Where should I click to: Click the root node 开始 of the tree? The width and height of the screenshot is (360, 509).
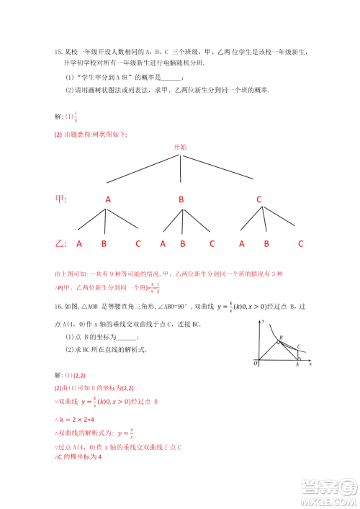180,146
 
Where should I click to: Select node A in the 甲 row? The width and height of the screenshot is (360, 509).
108,199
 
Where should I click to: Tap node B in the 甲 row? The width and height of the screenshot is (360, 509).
181,199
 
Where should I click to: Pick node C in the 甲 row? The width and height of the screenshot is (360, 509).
259,199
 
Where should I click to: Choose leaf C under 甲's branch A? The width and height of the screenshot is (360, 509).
138,243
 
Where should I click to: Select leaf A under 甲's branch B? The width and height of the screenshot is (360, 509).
163,243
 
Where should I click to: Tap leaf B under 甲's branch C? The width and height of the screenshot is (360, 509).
266,243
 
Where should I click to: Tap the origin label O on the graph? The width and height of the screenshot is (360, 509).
256,364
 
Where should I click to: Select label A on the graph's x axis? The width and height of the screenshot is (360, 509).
298,365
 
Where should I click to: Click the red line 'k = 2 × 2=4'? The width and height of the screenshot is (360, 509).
80,419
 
